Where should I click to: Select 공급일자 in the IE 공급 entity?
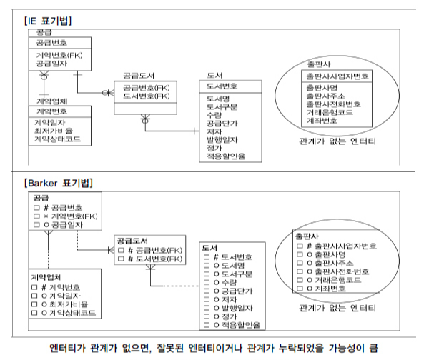click(x=50, y=64)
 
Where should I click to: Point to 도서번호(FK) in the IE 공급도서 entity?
click(x=147, y=95)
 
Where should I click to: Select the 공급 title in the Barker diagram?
click(x=41, y=196)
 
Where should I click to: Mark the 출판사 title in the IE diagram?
click(x=319, y=64)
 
